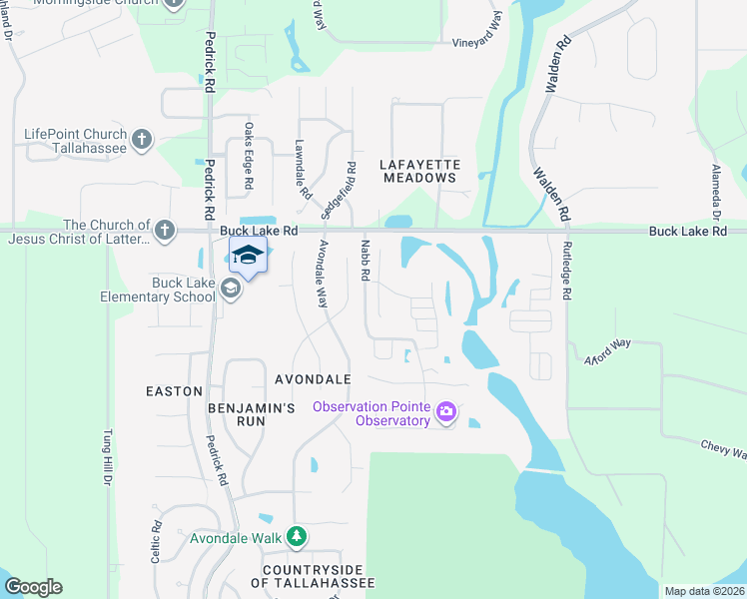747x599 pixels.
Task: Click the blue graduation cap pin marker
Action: click(x=248, y=256)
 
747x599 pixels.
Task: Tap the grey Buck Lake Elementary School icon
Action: click(x=231, y=290)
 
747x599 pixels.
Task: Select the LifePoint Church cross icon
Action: click(x=143, y=139)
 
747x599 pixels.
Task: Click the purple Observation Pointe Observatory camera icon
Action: click(x=446, y=412)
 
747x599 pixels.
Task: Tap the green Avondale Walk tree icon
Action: click(x=297, y=537)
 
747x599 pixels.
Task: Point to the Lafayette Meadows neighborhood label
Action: click(x=419, y=170)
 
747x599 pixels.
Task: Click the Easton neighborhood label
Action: click(x=175, y=391)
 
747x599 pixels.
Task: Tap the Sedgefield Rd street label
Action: click(x=338, y=191)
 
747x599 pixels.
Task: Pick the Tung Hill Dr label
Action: click(x=106, y=459)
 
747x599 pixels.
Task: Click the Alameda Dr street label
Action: click(x=716, y=193)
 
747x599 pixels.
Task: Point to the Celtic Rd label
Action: click(x=157, y=544)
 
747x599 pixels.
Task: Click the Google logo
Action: click(x=33, y=587)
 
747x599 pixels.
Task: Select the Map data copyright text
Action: click(x=704, y=591)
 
